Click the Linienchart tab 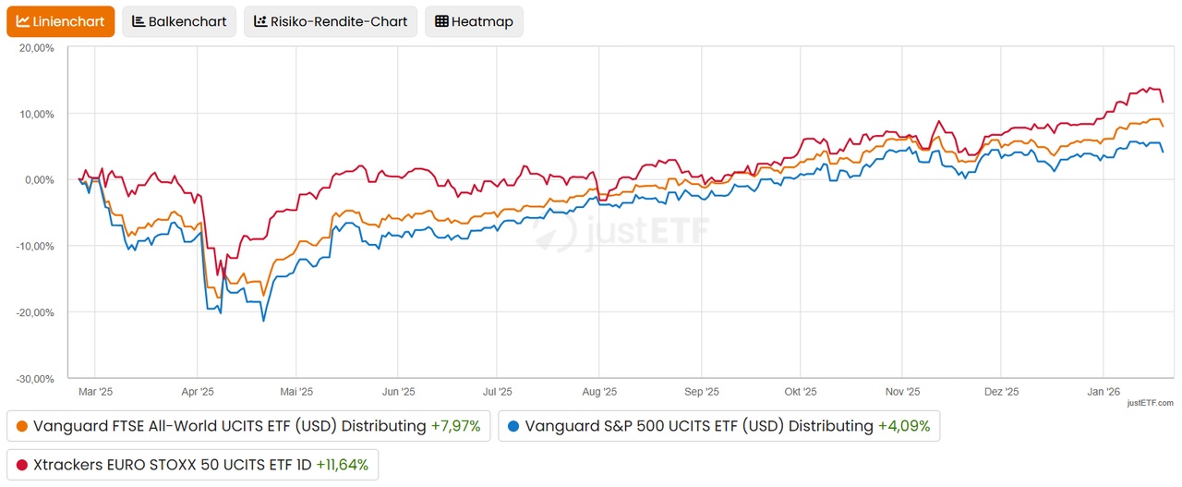(61, 21)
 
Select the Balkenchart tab (179, 21)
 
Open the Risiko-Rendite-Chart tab (331, 21)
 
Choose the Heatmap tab (474, 21)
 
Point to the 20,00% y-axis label (37, 47)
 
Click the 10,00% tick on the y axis (37, 114)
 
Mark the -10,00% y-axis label (36, 246)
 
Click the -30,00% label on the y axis (36, 379)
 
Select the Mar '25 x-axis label (95, 392)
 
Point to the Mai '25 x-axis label (295, 392)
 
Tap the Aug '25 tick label (599, 392)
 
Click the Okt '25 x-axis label (800, 392)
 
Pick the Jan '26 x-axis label (1104, 392)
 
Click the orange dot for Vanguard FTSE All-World (22, 427)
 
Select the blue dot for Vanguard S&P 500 (514, 427)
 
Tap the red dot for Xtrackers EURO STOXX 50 (22, 465)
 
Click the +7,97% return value (455, 427)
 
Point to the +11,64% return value (342, 465)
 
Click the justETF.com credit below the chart (1150, 403)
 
